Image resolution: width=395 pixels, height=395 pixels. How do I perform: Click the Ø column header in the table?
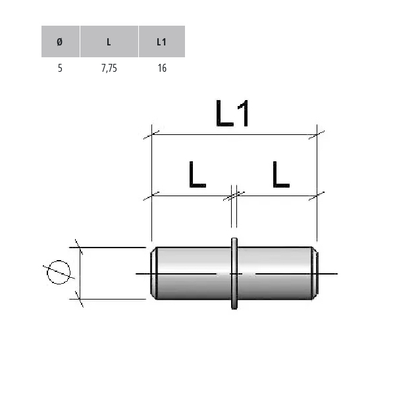pyautogui.click(x=61, y=41)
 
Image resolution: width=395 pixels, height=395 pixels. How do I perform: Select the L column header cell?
pyautogui.click(x=109, y=41)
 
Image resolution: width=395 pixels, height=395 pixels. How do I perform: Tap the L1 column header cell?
pyautogui.click(x=162, y=41)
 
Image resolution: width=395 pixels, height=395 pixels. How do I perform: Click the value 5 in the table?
pyautogui.click(x=60, y=68)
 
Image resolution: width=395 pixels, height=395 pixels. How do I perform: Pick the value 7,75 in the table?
pyautogui.click(x=109, y=68)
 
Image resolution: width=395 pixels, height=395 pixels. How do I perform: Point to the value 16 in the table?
pyautogui.click(x=162, y=68)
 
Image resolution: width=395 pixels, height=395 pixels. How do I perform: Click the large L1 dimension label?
pyautogui.click(x=232, y=113)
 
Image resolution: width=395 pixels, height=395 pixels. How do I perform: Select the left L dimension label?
pyautogui.click(x=197, y=175)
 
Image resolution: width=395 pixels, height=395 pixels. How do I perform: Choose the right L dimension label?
pyautogui.click(x=281, y=175)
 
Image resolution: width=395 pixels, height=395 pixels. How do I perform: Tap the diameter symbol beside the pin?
pyautogui.click(x=59, y=273)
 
